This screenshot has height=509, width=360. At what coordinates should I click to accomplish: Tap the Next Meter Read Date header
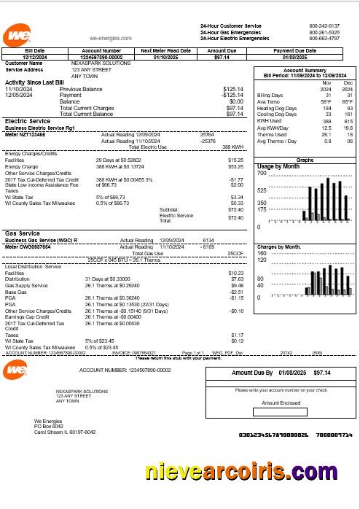pyautogui.click(x=165, y=50)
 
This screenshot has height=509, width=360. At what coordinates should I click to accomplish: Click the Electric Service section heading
pyautogui.click(x=27, y=121)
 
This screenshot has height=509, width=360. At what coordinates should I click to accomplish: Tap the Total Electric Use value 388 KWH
pyautogui.click(x=232, y=147)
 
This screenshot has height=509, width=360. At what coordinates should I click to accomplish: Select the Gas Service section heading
pyautogui.click(x=23, y=233)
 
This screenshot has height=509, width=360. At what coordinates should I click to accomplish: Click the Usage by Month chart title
pyautogui.click(x=279, y=167)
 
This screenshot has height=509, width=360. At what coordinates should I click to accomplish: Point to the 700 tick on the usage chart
pyautogui.click(x=262, y=174)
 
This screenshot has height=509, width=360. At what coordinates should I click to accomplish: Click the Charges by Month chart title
pyautogui.click(x=279, y=246)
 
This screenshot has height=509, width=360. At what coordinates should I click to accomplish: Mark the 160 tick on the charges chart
pyautogui.click(x=262, y=253)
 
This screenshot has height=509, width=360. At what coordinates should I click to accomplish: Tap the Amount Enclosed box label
pyautogui.click(x=281, y=403)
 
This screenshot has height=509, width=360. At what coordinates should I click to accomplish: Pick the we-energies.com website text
pyautogui.click(x=110, y=37)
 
